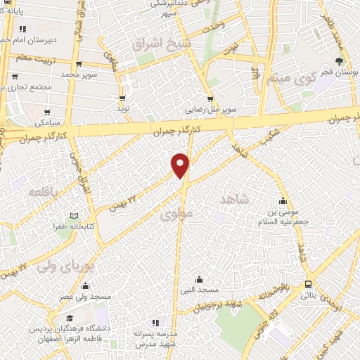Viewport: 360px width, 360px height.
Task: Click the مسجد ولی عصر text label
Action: (86, 297)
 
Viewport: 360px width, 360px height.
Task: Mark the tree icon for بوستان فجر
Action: (340, 61)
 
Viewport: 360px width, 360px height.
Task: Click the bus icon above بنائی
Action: (309, 285)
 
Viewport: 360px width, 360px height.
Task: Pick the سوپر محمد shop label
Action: (77, 74)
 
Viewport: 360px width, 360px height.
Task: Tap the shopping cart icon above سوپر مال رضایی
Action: (210, 98)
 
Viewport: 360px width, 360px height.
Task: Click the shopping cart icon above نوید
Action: (123, 98)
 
